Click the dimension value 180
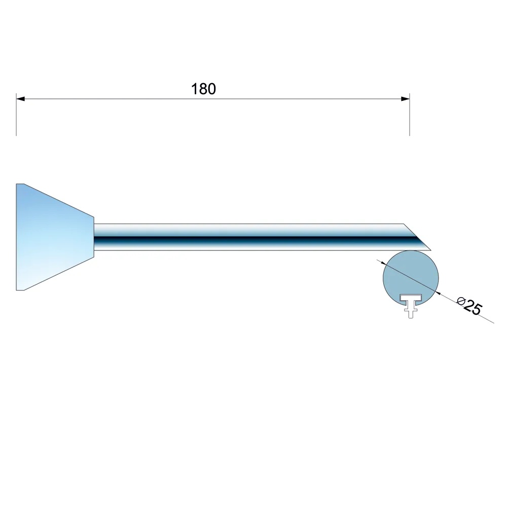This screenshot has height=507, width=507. click(203, 89)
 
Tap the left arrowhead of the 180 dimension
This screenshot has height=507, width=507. click(20, 99)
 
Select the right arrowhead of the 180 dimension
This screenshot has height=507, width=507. click(405, 99)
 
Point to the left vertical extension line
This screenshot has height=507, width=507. click(16, 115)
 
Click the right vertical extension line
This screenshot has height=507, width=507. click(410, 115)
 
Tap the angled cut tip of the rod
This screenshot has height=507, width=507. click(431, 250)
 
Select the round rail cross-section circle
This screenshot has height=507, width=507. click(411, 278)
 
